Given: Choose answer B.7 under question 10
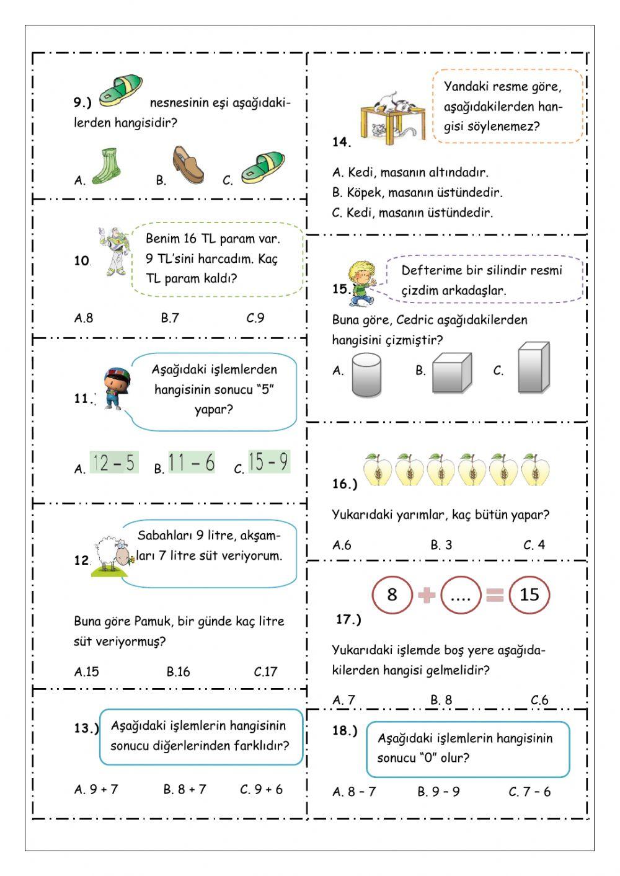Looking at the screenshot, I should click(170, 318).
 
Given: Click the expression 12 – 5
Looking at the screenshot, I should click(114, 463).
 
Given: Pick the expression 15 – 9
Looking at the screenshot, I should click(268, 462).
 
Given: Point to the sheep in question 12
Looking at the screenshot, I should click(112, 554).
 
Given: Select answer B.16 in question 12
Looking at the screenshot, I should click(178, 671).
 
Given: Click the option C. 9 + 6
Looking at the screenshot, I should click(262, 789).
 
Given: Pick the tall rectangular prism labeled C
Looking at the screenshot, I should click(533, 368).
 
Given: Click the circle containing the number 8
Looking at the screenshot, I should click(392, 595).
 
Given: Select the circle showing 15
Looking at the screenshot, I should click(529, 595).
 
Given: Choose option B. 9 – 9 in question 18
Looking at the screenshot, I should click(438, 792).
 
